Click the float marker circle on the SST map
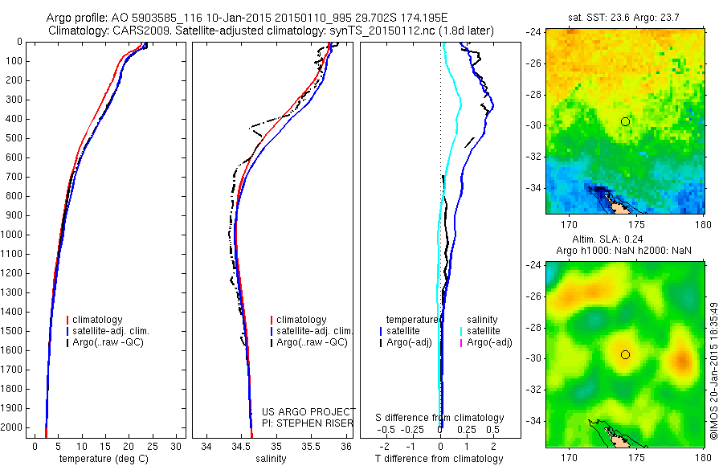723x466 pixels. [x=625, y=121]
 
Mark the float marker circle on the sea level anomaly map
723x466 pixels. [x=625, y=354]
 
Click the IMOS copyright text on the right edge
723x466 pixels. [x=713, y=370]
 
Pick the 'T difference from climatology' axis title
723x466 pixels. [x=439, y=459]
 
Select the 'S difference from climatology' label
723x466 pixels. [x=439, y=418]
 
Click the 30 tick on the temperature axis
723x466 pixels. [x=177, y=446]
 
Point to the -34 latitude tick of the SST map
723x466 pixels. [x=534, y=188]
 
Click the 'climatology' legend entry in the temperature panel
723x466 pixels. [x=101, y=320]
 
